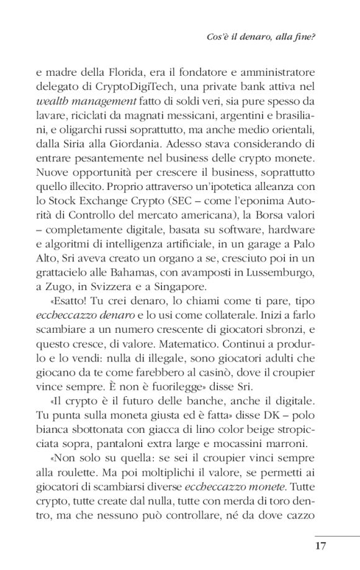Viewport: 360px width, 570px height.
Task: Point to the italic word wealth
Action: pos(55,101)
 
